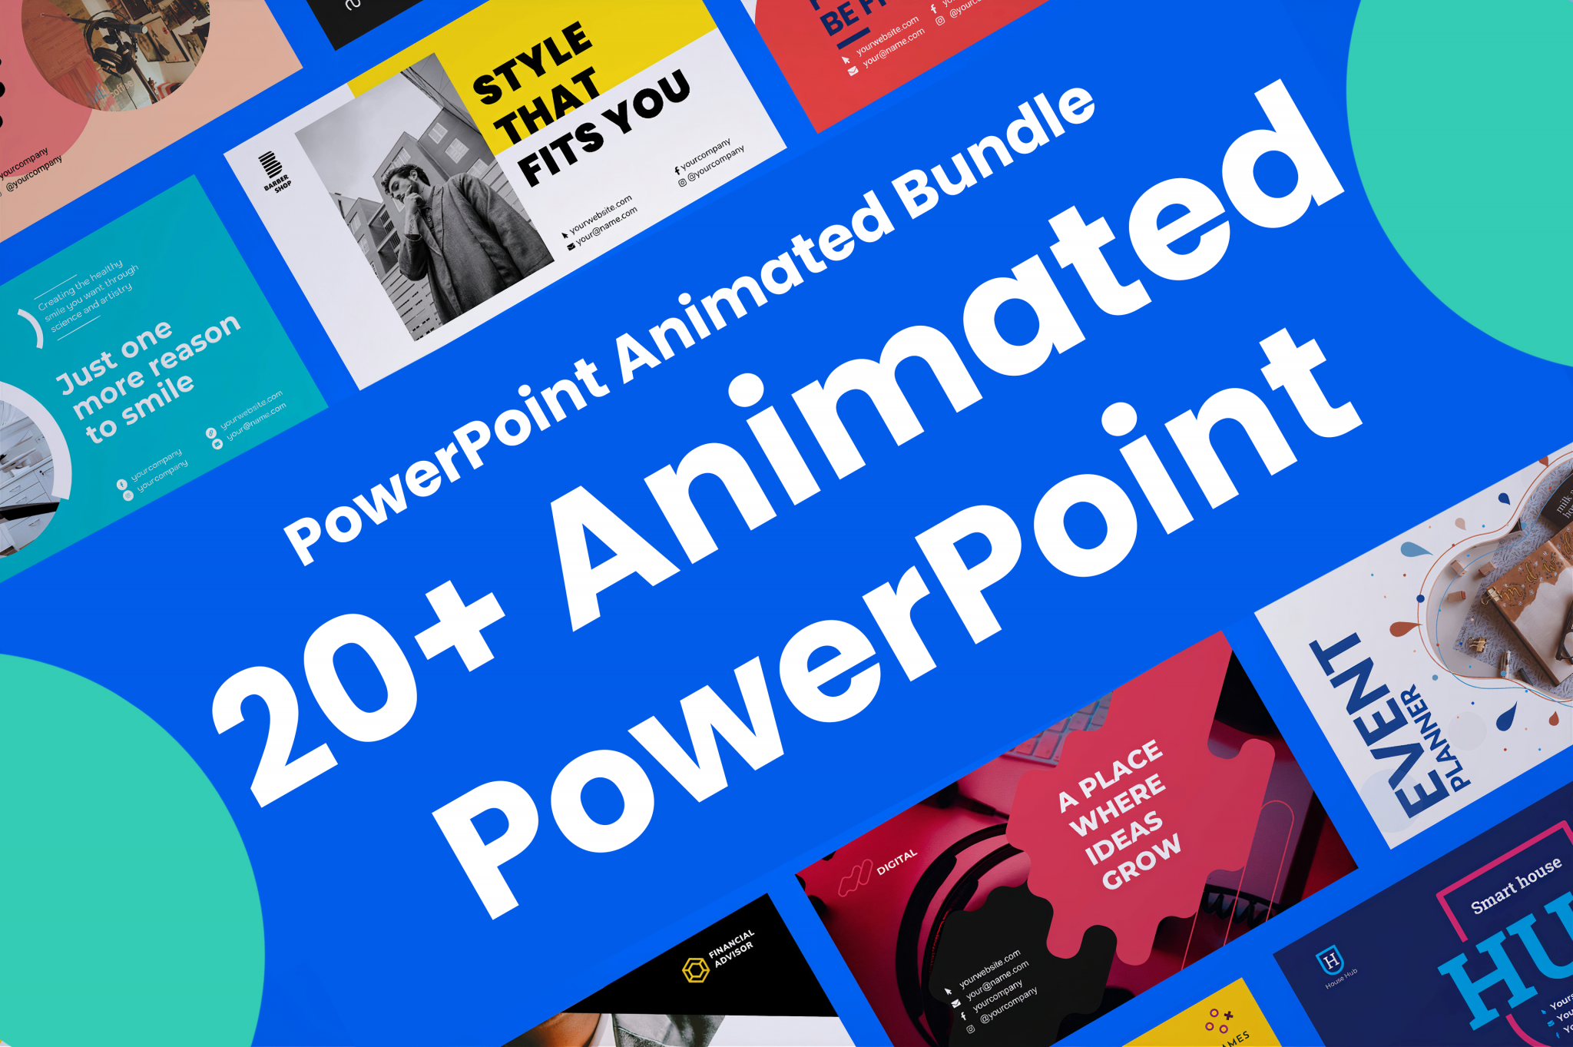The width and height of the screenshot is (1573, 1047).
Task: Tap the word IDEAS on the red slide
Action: pos(1124,837)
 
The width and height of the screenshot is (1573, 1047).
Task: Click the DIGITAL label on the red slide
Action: pos(896,862)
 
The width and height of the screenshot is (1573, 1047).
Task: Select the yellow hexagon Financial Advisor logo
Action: pos(696,969)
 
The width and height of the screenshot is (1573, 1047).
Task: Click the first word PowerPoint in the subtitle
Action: pos(445,461)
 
